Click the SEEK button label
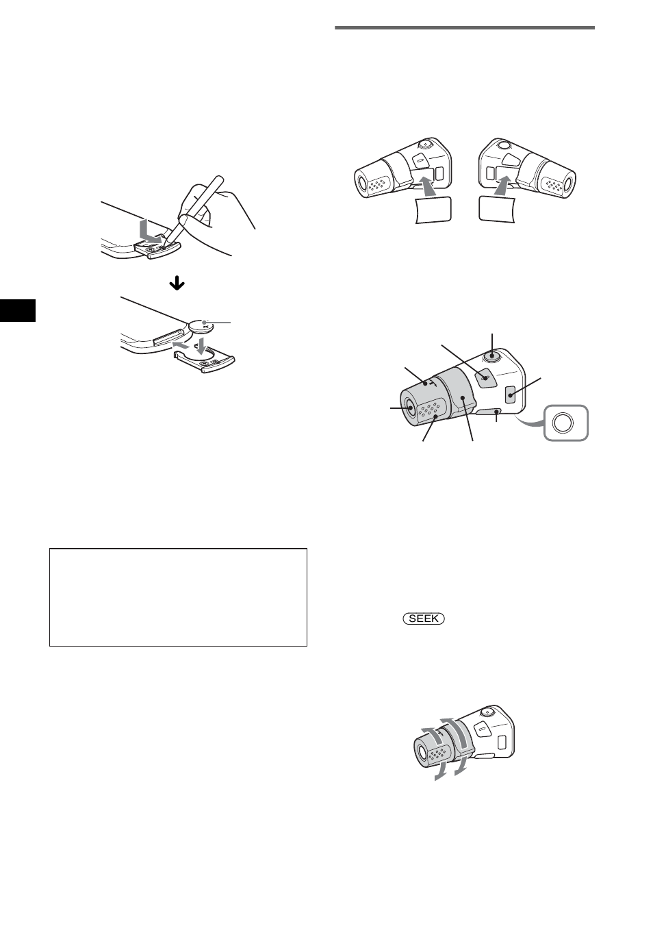coord(424,618)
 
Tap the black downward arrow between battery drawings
coord(177,284)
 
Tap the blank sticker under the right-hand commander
coord(496,207)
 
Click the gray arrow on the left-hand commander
coord(424,186)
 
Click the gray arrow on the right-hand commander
coord(504,185)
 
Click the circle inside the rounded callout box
coord(562,423)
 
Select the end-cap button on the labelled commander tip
coord(409,408)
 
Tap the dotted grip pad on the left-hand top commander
coord(376,184)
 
